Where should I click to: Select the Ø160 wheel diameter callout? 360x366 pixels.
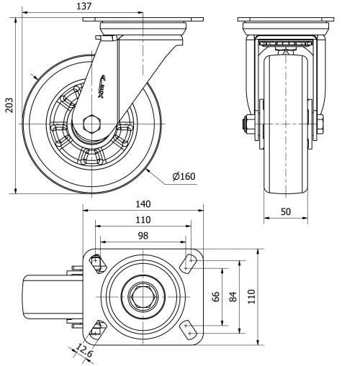(x=184, y=176)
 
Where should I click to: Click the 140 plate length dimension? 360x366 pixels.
(x=143, y=204)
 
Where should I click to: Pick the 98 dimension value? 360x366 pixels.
(x=143, y=236)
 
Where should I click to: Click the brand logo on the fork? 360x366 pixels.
(x=101, y=86)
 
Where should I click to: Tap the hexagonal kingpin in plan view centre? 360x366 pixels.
(x=143, y=296)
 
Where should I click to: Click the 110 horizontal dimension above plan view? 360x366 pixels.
(x=143, y=220)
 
